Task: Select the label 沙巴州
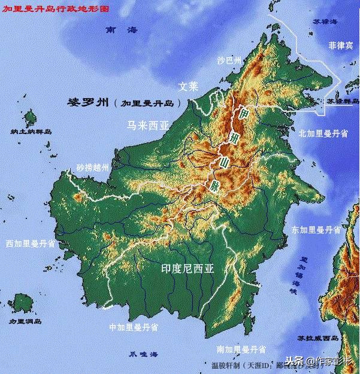tap(228, 60)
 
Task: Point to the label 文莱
tap(187, 86)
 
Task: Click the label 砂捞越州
tap(92, 168)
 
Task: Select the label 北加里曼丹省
tap(323, 134)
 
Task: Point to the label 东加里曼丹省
tap(316, 230)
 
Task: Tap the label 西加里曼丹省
tap(31, 244)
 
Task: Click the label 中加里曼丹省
tap(133, 327)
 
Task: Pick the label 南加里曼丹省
tap(240, 348)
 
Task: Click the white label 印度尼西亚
tap(187, 269)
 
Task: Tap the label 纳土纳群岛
tap(31, 131)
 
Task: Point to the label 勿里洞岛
tap(25, 321)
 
